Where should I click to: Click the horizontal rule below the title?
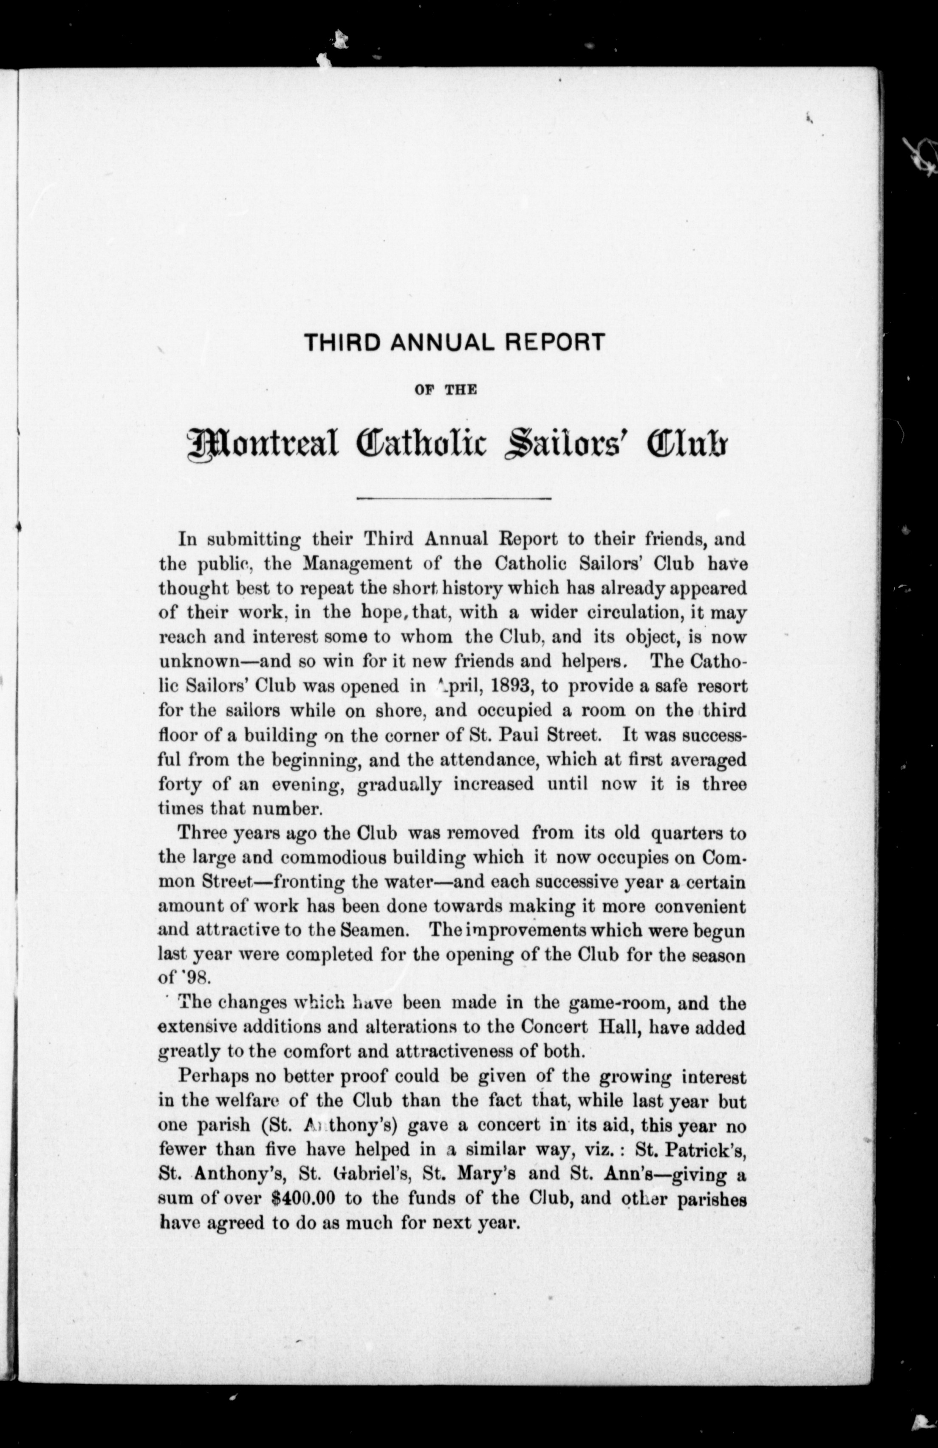tap(454, 500)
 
